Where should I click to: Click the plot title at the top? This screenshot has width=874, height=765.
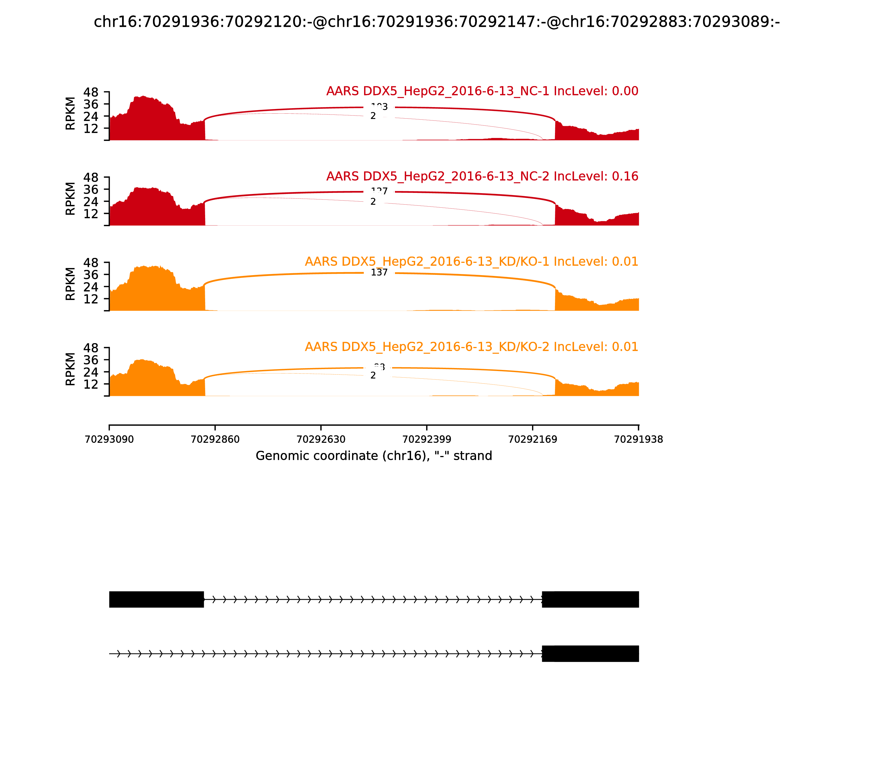click(436, 22)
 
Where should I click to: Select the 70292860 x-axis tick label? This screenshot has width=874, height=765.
click(215, 439)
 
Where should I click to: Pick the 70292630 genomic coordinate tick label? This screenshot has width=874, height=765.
click(321, 439)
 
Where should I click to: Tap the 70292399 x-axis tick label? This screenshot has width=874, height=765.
click(427, 439)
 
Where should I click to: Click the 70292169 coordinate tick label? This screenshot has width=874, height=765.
click(533, 439)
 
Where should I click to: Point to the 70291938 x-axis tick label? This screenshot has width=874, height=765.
click(639, 439)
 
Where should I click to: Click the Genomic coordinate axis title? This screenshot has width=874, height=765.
click(374, 456)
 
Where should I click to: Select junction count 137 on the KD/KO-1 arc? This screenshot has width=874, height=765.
click(379, 272)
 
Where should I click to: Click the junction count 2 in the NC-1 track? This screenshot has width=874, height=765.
click(373, 116)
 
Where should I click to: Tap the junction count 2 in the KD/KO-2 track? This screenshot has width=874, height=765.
click(373, 375)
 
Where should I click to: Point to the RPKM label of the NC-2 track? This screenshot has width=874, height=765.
click(70, 199)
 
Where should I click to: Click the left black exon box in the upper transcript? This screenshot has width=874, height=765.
click(156, 599)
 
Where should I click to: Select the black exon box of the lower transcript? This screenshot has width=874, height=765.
click(590, 654)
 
